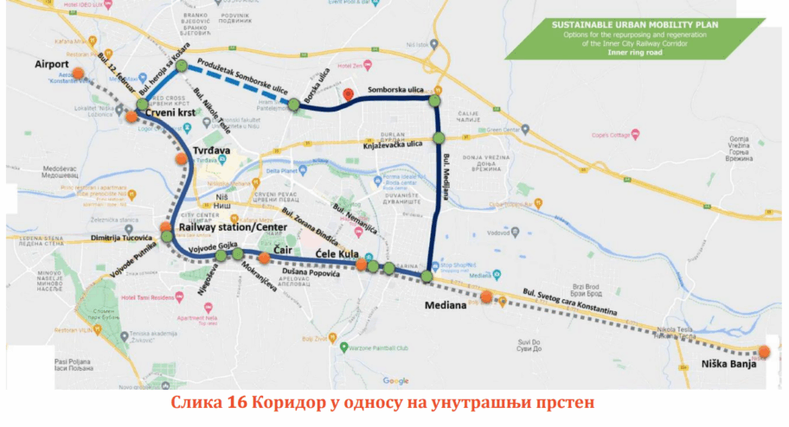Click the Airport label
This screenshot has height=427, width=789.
click(x=51, y=63)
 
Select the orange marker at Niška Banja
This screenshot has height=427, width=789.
click(x=763, y=352)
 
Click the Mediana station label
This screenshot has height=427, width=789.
click(x=446, y=305)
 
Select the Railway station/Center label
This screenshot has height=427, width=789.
click(x=228, y=226)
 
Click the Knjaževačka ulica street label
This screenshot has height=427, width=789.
click(x=395, y=144)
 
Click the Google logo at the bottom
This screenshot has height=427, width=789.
click(x=395, y=380)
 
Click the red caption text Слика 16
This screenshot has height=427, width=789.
click(x=208, y=404)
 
